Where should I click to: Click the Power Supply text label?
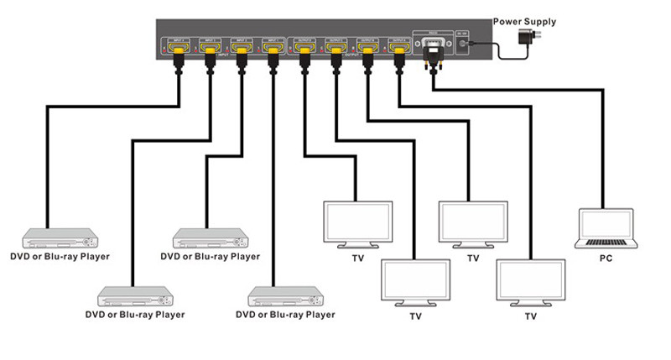(x=525, y=22)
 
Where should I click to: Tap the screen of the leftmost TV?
(x=357, y=221)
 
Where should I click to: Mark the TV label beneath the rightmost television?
(x=530, y=317)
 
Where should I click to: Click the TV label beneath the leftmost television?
(x=357, y=258)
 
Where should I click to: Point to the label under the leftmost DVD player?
(x=60, y=256)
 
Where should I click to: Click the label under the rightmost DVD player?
(x=286, y=315)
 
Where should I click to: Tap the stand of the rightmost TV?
(x=530, y=304)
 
